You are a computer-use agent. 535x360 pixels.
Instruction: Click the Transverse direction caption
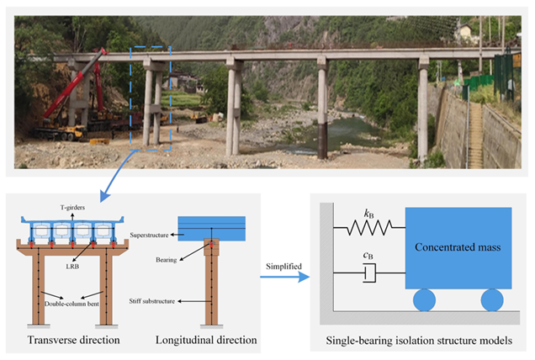point(74,340)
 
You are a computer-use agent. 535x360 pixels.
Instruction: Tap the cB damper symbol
point(368,273)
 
